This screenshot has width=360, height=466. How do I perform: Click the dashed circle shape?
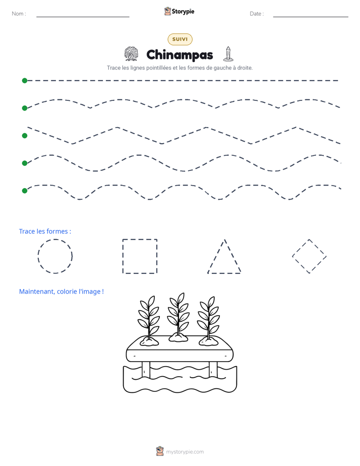[x=38, y=256]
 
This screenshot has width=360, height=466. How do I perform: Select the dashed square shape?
[x=123, y=256]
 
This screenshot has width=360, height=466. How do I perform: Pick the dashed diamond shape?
[x=301, y=248]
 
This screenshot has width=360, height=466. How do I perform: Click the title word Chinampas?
[x=179, y=55]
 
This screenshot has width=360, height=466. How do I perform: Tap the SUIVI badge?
[x=180, y=39]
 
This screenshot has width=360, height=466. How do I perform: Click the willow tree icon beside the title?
[x=131, y=54]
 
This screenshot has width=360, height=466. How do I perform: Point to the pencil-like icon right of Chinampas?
[x=228, y=54]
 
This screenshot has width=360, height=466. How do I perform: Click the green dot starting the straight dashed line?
[x=25, y=81]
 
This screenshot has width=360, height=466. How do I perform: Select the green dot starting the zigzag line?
[x=25, y=136]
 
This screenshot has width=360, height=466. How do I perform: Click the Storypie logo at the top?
[x=179, y=11]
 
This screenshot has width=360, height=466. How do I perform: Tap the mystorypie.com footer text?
[x=185, y=452]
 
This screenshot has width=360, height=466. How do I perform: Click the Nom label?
[x=19, y=14]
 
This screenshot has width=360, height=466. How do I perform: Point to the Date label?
[x=257, y=14]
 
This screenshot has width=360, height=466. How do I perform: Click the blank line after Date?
[x=311, y=17]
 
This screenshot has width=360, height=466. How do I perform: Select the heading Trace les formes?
[x=45, y=231]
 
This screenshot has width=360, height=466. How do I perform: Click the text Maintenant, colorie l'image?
[x=62, y=292]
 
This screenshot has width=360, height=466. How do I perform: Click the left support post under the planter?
[x=146, y=370]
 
